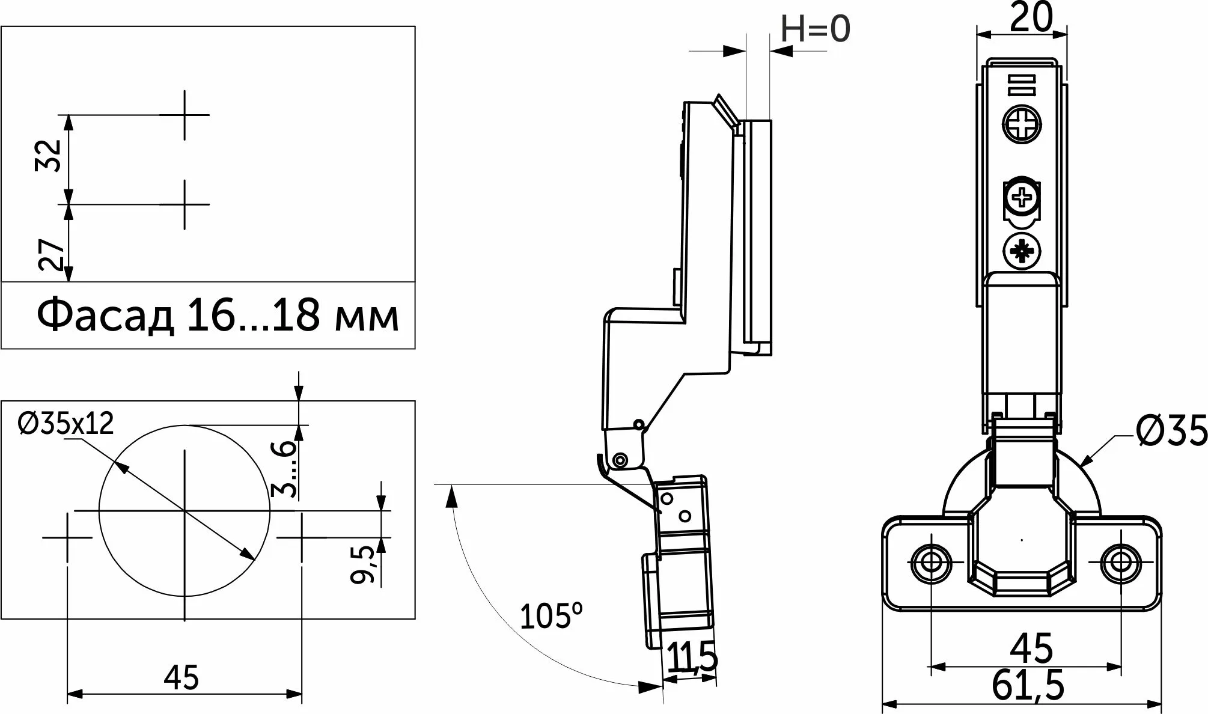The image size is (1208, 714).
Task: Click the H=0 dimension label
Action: pyautogui.click(x=816, y=28)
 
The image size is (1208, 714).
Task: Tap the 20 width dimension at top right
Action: pyautogui.click(x=1030, y=18)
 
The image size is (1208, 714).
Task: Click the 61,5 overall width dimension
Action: pyautogui.click(x=1028, y=686)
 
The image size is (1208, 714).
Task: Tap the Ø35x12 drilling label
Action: pyautogui.click(x=66, y=424)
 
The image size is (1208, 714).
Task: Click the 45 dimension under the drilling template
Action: pyautogui.click(x=182, y=679)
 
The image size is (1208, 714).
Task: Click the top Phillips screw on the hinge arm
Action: pyautogui.click(x=1021, y=126)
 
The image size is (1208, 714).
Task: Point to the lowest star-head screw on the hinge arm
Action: pyautogui.click(x=1021, y=251)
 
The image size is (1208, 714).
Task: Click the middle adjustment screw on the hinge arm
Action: pyautogui.click(x=1021, y=198)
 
